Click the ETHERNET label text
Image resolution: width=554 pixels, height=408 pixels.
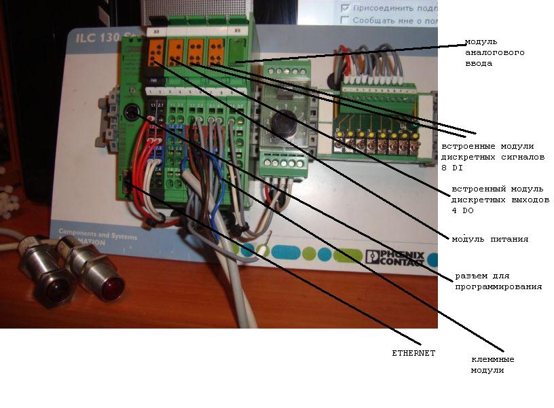pos(413,353)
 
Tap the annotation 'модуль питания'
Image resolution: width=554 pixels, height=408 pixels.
pos(490,239)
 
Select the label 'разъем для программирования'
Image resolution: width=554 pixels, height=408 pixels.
pos(498,281)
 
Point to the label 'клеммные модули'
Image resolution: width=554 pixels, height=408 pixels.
pos(492,365)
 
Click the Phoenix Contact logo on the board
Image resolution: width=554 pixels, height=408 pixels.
pos(394,257)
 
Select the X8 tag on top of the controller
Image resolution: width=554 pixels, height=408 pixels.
pos(157,31)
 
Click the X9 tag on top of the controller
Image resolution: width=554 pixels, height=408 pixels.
pos(236,31)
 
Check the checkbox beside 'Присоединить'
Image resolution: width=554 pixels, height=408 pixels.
pos(346,8)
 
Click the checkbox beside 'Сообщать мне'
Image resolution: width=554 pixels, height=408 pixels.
pos(346,20)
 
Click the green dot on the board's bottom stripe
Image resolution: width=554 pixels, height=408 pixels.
pos(310,254)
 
